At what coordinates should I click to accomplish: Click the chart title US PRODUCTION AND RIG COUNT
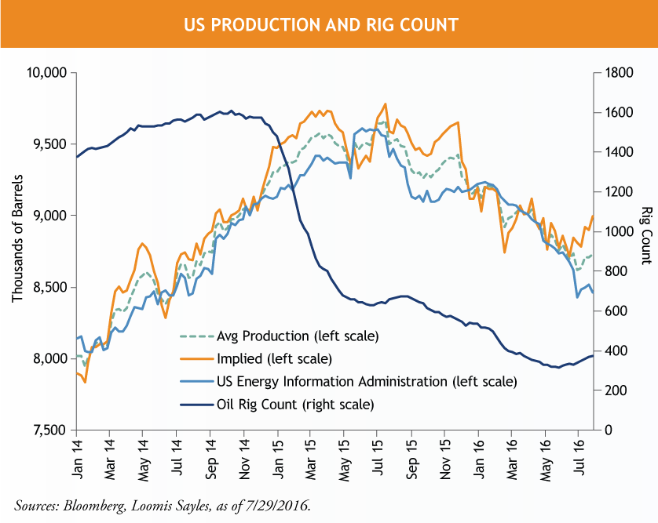pyautogui.click(x=320, y=24)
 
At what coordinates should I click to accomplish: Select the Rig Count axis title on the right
pyautogui.click(x=646, y=236)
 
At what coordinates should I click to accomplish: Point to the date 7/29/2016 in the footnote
pyautogui.click(x=282, y=505)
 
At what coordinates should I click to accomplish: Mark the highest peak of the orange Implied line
pyautogui.click(x=385, y=104)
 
